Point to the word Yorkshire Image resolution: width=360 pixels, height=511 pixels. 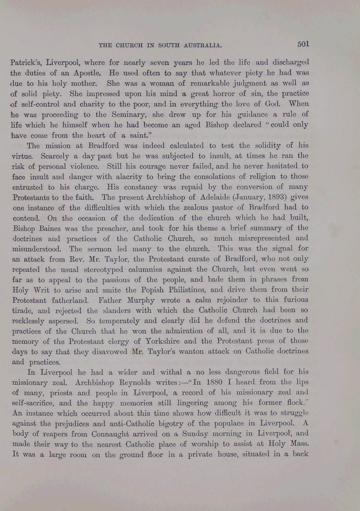click(165, 341)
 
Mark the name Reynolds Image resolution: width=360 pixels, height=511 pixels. click(132, 383)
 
